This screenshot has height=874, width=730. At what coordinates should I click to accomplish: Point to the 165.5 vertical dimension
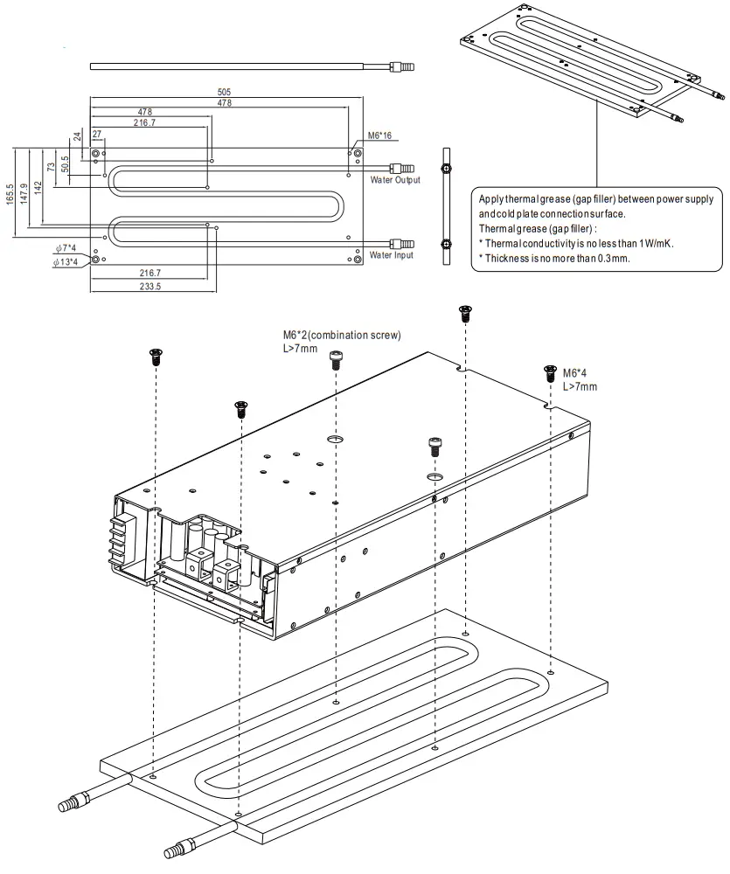point(10,193)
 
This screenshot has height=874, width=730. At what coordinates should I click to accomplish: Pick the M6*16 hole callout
point(379,135)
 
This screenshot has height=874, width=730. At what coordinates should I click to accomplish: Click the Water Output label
point(394,180)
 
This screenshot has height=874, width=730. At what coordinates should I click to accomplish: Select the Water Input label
point(391,255)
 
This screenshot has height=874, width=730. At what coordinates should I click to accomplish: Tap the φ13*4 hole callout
point(65,261)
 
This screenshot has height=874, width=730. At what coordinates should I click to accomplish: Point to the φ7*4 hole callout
point(65,248)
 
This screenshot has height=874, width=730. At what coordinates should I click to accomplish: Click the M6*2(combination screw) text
point(341,335)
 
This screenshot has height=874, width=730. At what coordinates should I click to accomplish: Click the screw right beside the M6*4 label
point(550,373)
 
